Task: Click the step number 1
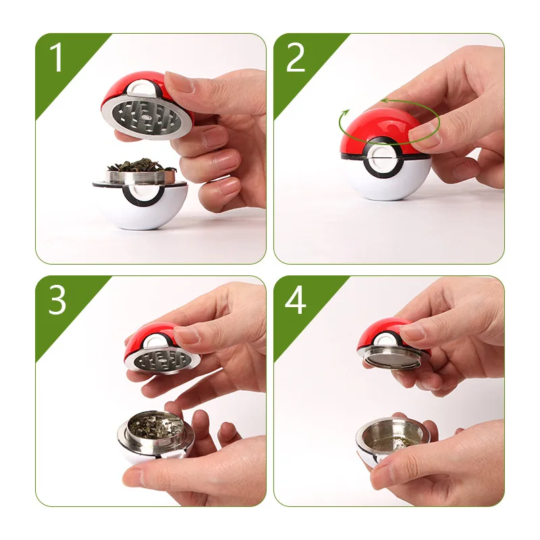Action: [x=57, y=59]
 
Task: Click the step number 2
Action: [x=296, y=59]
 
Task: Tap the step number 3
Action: [x=57, y=301]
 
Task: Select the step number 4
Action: [x=296, y=301]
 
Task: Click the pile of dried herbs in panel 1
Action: [x=138, y=165]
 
